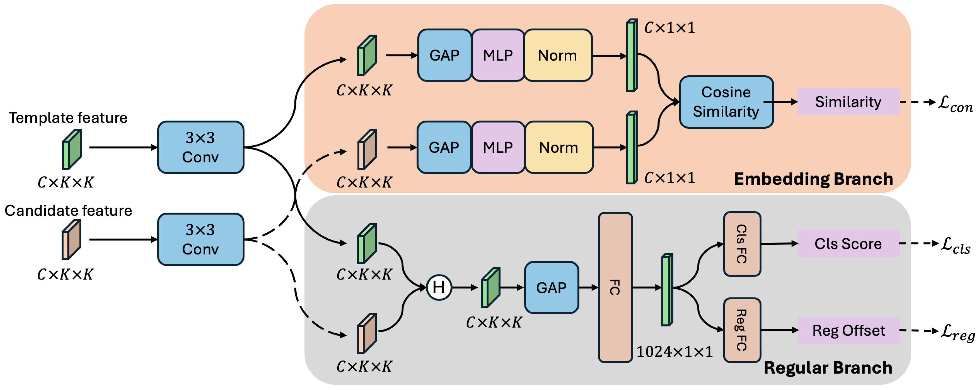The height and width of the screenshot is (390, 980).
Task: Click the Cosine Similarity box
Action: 726,102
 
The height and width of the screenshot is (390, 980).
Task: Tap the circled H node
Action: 439,287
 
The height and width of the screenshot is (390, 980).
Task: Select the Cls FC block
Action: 742,244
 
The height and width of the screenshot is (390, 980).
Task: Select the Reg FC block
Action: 742,330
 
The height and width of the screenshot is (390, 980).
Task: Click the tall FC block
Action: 615,287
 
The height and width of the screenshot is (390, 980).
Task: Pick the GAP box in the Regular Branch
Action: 551,287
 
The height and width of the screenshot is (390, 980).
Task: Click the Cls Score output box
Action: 848,244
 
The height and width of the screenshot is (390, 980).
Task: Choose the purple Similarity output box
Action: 848,102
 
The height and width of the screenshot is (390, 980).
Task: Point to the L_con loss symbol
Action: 955,103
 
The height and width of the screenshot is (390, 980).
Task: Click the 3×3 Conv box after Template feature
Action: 201,147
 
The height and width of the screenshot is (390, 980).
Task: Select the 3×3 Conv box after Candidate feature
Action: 201,239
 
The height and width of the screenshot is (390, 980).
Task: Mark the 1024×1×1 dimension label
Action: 674,352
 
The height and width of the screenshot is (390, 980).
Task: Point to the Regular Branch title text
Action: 828,368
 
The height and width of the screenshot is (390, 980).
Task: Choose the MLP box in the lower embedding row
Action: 498,147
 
